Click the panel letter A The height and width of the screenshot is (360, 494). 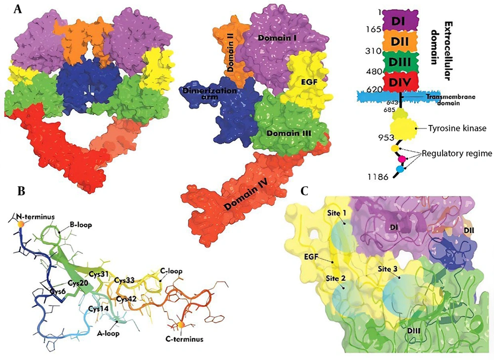click(x=17, y=10)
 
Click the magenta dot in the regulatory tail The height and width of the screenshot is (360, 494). click(x=402, y=159)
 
